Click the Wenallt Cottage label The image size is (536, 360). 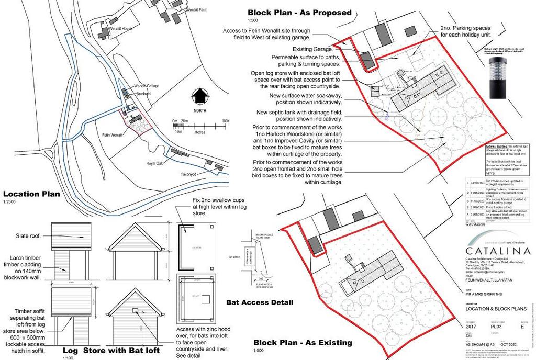pyautogui.click(x=146, y=86)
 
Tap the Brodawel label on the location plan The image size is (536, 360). pyautogui.click(x=144, y=94)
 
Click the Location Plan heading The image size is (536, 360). pyautogui.click(x=31, y=194)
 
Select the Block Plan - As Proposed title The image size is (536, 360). pyautogui.click(x=299, y=13)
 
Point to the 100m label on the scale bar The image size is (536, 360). pyautogui.click(x=226, y=121)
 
